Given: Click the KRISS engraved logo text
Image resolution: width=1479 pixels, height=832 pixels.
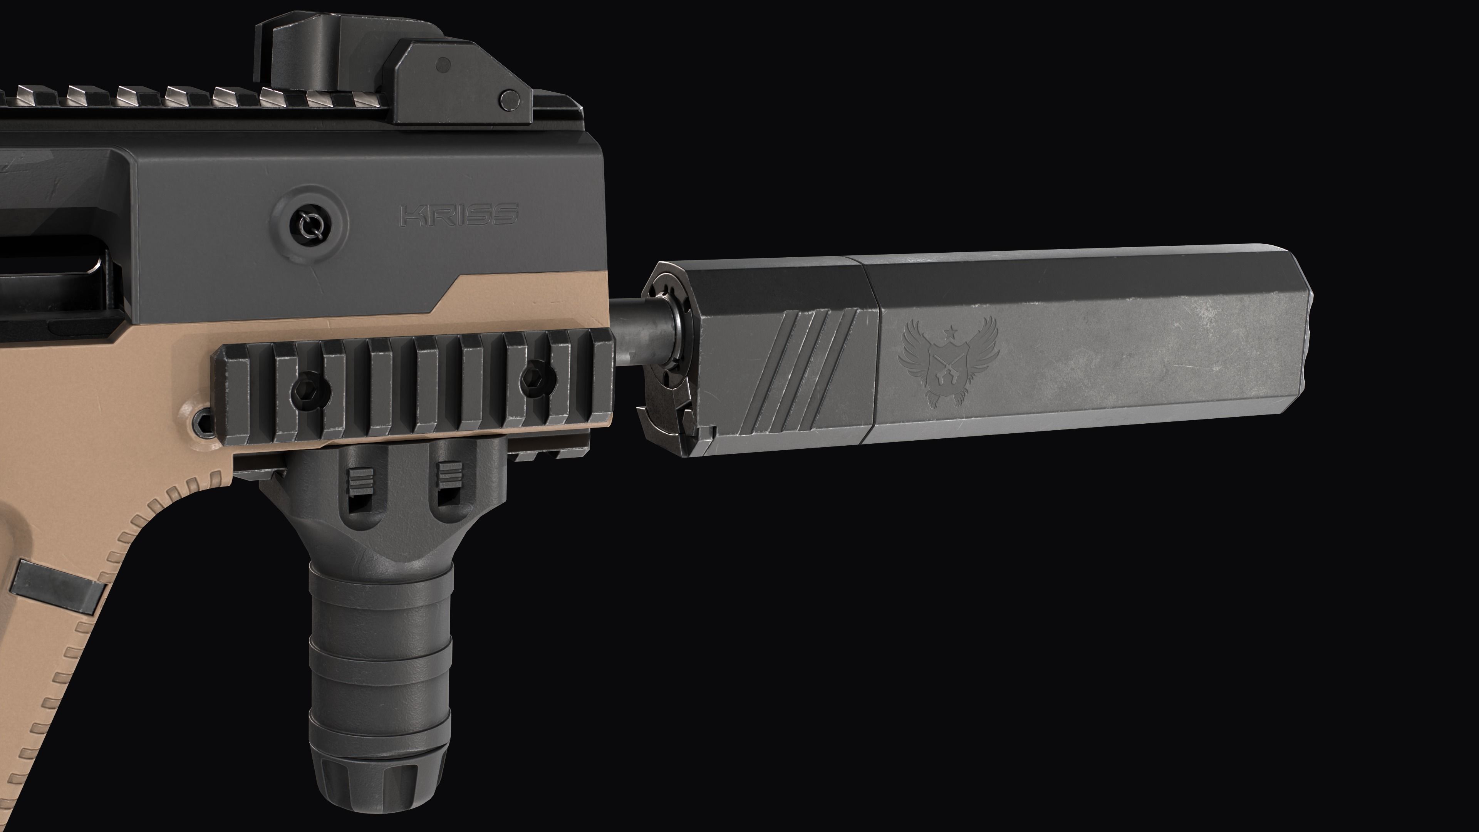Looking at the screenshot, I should pyautogui.click(x=458, y=215).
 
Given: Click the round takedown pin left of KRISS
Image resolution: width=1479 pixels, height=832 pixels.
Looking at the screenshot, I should pyautogui.click(x=310, y=223).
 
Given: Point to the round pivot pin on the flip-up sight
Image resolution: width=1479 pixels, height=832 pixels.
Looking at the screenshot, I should pyautogui.click(x=509, y=99).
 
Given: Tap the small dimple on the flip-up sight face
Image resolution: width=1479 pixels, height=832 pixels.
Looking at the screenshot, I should pyautogui.click(x=443, y=65).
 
